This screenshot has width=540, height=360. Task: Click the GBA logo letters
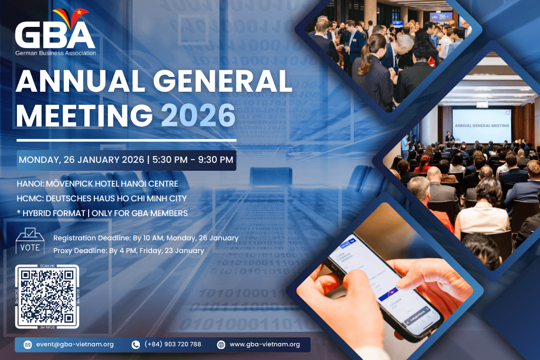point(55,36)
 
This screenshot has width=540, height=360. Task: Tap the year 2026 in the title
point(198,114)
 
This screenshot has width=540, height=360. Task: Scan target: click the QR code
point(47,296)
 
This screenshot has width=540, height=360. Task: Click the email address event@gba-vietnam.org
point(75,344)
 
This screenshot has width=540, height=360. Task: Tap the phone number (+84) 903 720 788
point(172,344)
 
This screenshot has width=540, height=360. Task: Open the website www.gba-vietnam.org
point(265,344)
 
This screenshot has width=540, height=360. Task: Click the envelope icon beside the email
point(27,345)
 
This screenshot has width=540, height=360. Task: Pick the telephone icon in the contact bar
point(136,345)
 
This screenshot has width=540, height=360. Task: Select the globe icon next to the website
point(221,345)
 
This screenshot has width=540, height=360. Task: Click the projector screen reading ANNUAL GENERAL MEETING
point(481,126)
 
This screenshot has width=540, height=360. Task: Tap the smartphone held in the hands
point(385,285)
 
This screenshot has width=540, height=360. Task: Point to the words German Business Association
point(55,53)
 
